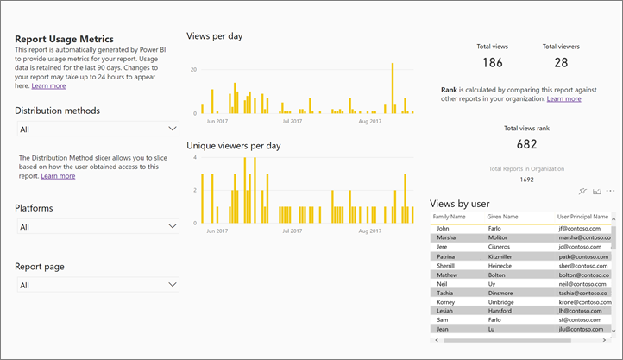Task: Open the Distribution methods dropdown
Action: coord(98,129)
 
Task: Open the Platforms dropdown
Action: coord(98,226)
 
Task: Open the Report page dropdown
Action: coord(98,285)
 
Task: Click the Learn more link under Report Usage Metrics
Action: coord(48,85)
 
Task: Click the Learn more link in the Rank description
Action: coord(563,99)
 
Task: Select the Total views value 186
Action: coord(492,63)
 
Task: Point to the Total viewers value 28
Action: coord(561,63)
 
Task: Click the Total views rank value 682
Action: coord(526,144)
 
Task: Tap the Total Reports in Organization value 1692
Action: coord(526,180)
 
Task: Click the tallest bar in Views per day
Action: coord(393,88)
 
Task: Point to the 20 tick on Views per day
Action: coord(194,69)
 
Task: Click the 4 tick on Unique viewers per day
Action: coord(196,158)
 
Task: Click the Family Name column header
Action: coord(450,217)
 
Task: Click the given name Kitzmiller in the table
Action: coord(505,256)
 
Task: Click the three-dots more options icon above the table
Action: coord(610,191)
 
